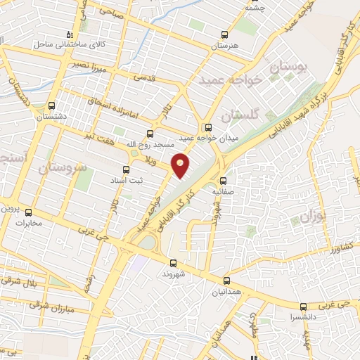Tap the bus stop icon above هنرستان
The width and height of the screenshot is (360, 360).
pyautogui.click(x=225, y=34)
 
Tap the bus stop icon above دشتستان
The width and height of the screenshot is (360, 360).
pyautogui.click(x=51, y=107)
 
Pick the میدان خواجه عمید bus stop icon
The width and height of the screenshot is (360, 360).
pyautogui.click(x=207, y=128)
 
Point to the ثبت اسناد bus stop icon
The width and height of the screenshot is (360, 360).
pyautogui.click(x=126, y=169)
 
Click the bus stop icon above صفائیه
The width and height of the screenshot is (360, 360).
pyautogui.click(x=223, y=181)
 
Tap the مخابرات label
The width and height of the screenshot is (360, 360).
pyautogui.click(x=29, y=224)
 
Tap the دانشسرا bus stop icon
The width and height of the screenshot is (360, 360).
pyautogui.click(x=304, y=307)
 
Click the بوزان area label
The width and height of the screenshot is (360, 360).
pyautogui.click(x=310, y=216)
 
